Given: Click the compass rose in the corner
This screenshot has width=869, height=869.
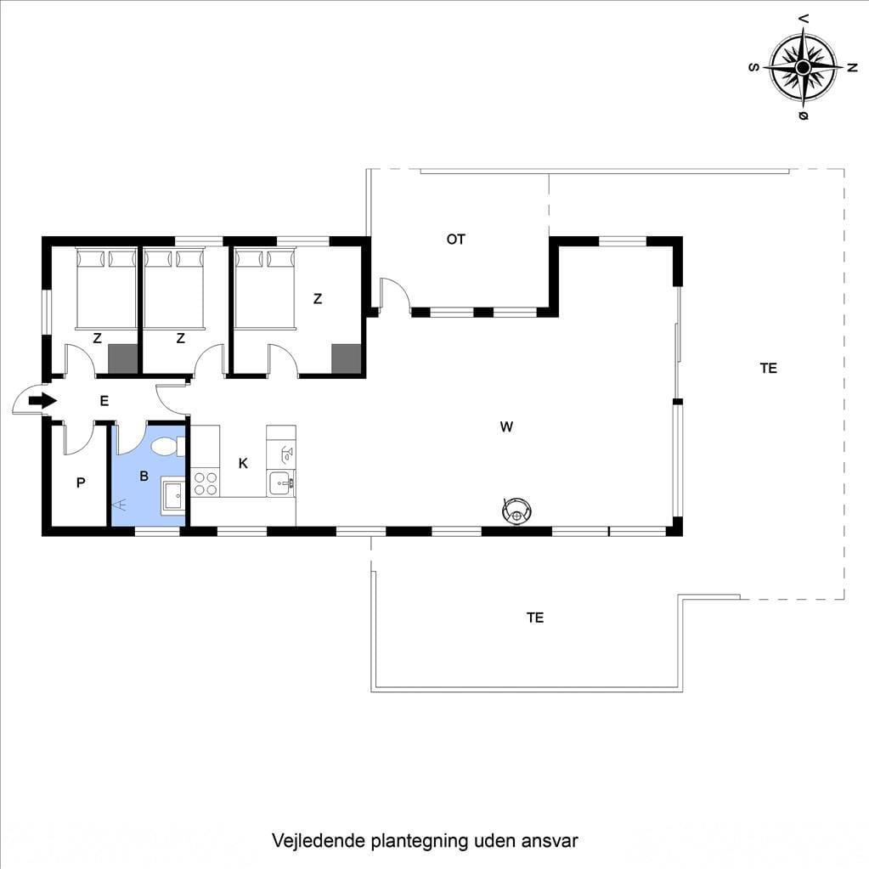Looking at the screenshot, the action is coord(803,68).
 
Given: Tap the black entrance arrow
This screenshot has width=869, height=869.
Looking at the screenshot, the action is coord(42,400).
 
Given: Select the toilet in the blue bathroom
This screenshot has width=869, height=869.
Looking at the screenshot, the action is coord(167,446).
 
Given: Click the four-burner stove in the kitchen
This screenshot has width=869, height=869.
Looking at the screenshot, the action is coord(205,482).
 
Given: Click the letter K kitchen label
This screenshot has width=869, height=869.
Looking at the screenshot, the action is coord(243,463).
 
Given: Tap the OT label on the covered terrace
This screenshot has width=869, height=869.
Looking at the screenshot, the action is coord(455,240).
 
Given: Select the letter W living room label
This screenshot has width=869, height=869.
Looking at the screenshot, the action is coord(506,426).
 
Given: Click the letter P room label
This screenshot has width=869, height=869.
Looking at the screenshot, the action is coord(81,482).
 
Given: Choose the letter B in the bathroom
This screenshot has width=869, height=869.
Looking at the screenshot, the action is coord(144,476).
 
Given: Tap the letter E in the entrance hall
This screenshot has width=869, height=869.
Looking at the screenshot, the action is coord(104,401).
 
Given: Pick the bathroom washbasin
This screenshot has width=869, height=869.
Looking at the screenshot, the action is coord(173,495).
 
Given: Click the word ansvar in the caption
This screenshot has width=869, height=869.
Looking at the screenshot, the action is coord(549,841).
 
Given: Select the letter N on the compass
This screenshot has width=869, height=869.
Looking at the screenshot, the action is coord(852,68).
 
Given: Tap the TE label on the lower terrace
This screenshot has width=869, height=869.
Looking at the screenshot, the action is coord(535,618).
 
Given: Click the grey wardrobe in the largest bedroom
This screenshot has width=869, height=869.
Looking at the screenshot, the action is coord(347,358).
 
